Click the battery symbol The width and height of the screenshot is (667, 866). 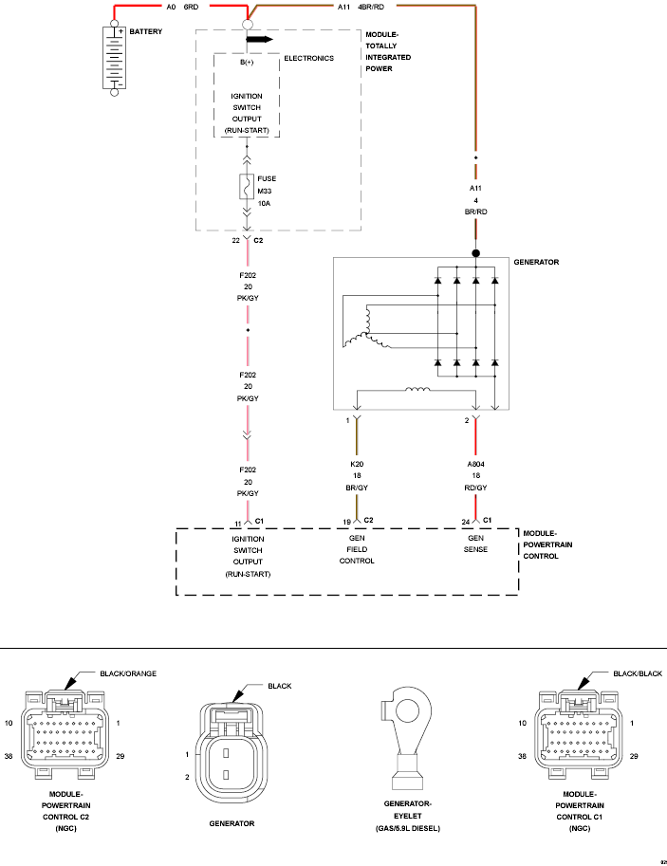(115, 58)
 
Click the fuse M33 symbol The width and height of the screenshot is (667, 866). (247, 187)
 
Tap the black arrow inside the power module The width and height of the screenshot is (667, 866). (260, 39)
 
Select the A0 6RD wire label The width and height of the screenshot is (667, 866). (182, 8)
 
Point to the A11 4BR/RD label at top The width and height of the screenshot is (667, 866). (361, 8)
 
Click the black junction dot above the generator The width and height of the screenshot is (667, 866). (475, 253)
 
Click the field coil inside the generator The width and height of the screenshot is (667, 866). (417, 390)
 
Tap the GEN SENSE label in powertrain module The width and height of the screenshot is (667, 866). (475, 544)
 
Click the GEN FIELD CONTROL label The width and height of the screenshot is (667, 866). (357, 549)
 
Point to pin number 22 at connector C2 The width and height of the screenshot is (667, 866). (236, 240)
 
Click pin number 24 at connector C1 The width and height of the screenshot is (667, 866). (466, 522)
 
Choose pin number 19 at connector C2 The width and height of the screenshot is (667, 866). (347, 522)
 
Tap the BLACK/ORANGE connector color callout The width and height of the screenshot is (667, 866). (128, 673)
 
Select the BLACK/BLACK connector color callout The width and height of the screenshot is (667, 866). (638, 673)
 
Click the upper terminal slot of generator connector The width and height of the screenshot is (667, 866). (226, 752)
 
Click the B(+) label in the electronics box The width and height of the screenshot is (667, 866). (247, 63)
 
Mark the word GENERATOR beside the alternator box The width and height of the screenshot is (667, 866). (536, 262)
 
